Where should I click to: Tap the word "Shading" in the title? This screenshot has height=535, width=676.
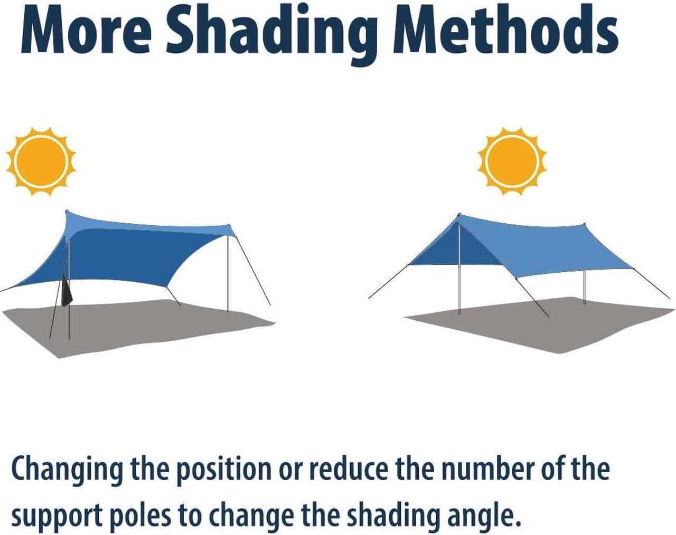pos(271,34)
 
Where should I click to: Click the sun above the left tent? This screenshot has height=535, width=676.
pos(41,161)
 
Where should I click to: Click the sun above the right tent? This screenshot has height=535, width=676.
pos(512,161)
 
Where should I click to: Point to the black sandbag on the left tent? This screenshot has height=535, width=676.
pos(67,290)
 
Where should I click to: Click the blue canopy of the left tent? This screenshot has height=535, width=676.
pos(126,251)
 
